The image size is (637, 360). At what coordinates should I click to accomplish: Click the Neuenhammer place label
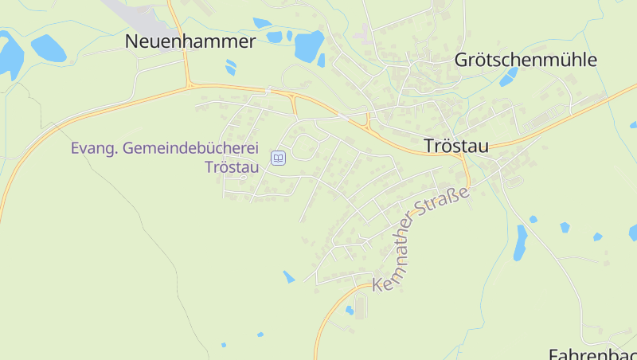(x=190, y=42)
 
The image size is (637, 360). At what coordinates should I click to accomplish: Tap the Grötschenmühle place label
(x=525, y=60)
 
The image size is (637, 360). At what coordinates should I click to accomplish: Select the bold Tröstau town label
(x=456, y=146)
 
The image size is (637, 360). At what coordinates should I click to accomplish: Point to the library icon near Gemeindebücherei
(x=278, y=158)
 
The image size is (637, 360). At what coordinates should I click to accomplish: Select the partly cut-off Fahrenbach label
(x=593, y=354)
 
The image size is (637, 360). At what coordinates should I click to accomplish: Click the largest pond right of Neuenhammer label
(x=309, y=45)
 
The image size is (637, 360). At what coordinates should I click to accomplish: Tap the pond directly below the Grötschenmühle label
(x=508, y=78)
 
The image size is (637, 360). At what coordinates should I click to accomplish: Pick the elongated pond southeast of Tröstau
(x=520, y=243)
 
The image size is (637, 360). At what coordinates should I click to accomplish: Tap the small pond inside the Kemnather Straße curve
(x=349, y=310)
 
